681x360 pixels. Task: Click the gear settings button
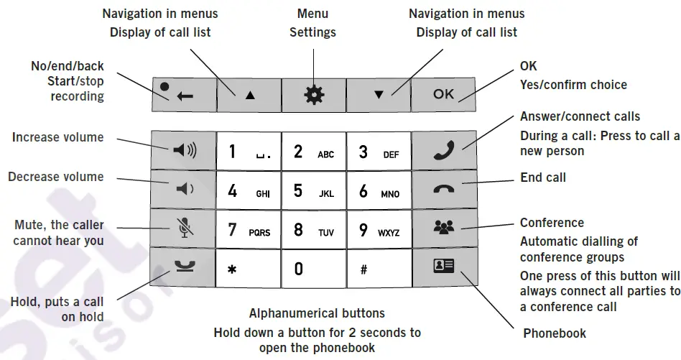coord(313,93)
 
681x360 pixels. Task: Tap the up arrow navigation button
coord(249,93)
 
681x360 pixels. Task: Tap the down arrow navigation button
coord(379,93)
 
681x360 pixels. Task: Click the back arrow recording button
coord(183,93)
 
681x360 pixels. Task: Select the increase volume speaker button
coord(182,151)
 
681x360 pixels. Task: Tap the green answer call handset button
coord(444,151)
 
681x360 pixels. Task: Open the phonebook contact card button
coord(444,267)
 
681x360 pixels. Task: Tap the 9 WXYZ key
coord(379,230)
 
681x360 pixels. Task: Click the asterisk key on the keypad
coord(248,269)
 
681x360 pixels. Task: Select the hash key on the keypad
coord(379,269)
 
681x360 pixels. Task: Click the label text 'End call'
coord(542,177)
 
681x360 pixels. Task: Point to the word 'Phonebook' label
coord(554,333)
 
